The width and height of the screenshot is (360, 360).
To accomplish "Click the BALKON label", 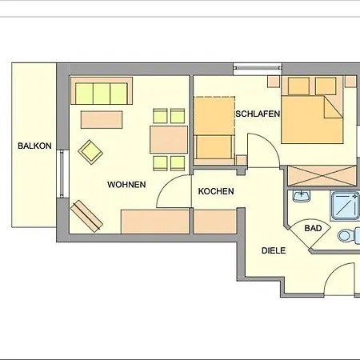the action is (x=34, y=146).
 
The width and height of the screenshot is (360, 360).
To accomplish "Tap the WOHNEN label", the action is (x=126, y=185).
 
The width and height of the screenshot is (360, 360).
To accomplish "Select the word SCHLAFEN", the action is (x=258, y=114).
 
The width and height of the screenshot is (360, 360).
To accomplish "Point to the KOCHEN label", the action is (x=216, y=191).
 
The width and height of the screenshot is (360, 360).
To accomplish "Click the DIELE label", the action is (x=274, y=250).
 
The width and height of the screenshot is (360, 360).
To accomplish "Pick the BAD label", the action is (x=313, y=228).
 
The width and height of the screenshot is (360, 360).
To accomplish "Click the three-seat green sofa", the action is (x=102, y=91).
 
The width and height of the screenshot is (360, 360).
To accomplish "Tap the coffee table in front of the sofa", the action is (x=102, y=120).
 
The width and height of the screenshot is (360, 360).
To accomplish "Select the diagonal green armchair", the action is (x=90, y=152).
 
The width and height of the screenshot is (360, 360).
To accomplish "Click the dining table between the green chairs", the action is (x=169, y=140).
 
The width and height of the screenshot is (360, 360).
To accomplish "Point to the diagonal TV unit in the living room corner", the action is (x=86, y=216).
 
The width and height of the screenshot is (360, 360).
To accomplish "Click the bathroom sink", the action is (x=302, y=196).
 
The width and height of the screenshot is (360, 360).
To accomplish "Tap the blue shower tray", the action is (x=345, y=206).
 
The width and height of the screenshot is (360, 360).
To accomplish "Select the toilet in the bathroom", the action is (x=349, y=235).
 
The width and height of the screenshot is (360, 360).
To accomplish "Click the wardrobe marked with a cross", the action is (x=322, y=176).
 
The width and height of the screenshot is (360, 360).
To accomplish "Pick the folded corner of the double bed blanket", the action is (x=334, y=107).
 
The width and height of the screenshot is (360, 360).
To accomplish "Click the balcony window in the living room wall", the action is (x=62, y=174).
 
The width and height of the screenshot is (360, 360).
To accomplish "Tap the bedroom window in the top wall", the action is (x=258, y=69).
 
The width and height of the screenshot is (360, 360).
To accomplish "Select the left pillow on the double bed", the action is (x=298, y=86).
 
